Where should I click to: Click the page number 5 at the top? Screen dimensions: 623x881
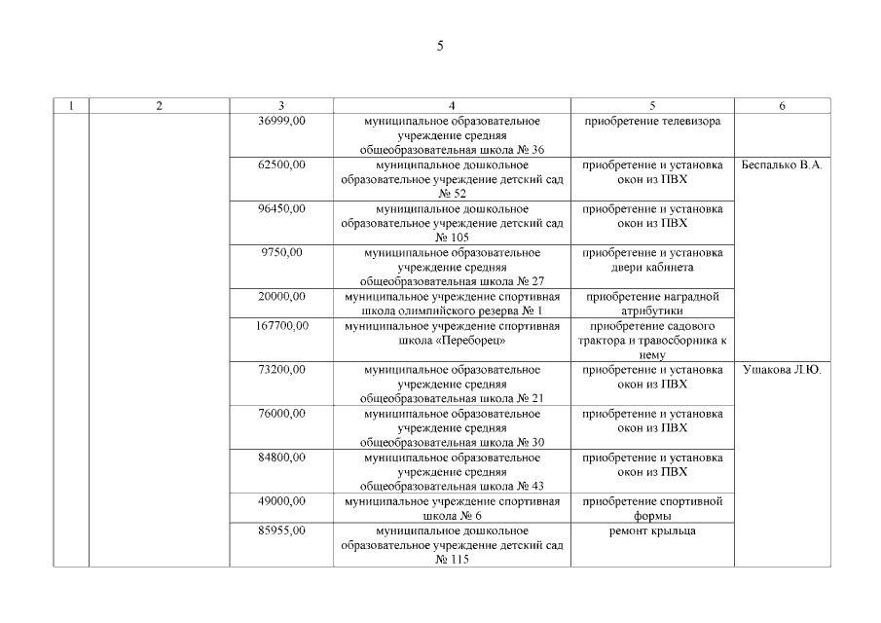[x=440, y=45]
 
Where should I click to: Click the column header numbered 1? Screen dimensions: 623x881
[x=71, y=106]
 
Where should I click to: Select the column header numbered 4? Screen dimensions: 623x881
[x=452, y=106]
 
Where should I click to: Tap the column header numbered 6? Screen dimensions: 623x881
[x=782, y=106]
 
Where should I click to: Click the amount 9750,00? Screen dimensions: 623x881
[x=282, y=253]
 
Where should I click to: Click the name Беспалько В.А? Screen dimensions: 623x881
[x=782, y=165]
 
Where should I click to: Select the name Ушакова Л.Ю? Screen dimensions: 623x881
[x=782, y=370]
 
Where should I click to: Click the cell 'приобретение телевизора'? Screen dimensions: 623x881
[x=652, y=122]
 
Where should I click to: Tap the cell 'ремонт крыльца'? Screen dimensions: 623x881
[x=652, y=531]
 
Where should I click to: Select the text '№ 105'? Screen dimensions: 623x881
[x=452, y=238]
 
